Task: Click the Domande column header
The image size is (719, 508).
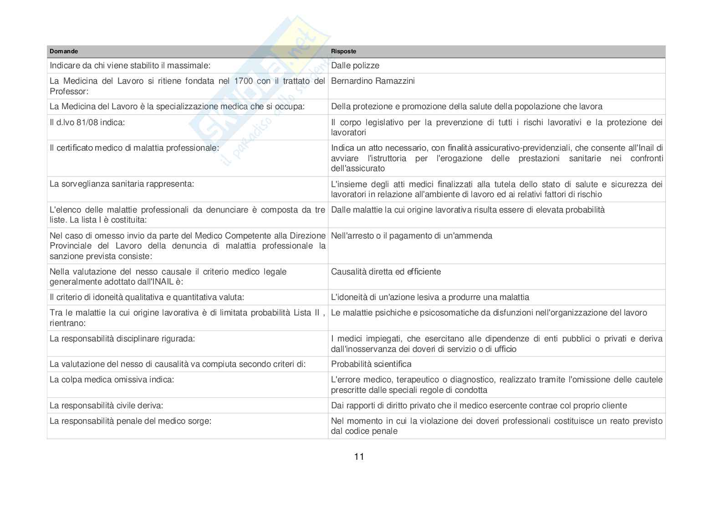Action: click(64, 51)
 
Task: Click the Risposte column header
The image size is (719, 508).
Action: click(343, 51)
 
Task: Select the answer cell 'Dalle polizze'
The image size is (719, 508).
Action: click(355, 66)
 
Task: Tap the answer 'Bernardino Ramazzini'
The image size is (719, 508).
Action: click(373, 81)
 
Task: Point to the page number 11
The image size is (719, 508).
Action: click(359, 457)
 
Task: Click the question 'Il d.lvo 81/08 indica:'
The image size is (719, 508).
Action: click(87, 122)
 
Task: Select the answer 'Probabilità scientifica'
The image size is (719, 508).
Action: click(371, 364)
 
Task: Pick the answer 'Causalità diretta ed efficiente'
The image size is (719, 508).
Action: click(386, 272)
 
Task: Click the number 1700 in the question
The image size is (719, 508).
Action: click(243, 81)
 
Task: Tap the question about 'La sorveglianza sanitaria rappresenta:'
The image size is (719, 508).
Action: click(122, 184)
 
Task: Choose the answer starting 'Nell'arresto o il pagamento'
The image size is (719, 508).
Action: click(412, 236)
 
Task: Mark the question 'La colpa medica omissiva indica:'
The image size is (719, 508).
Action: click(112, 380)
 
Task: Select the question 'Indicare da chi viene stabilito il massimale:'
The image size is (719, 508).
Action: click(130, 66)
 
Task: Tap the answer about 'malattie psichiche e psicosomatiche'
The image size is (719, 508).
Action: click(489, 313)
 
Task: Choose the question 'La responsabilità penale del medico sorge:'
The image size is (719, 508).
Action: click(130, 421)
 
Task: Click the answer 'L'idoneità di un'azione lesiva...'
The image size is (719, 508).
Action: click(430, 297)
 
